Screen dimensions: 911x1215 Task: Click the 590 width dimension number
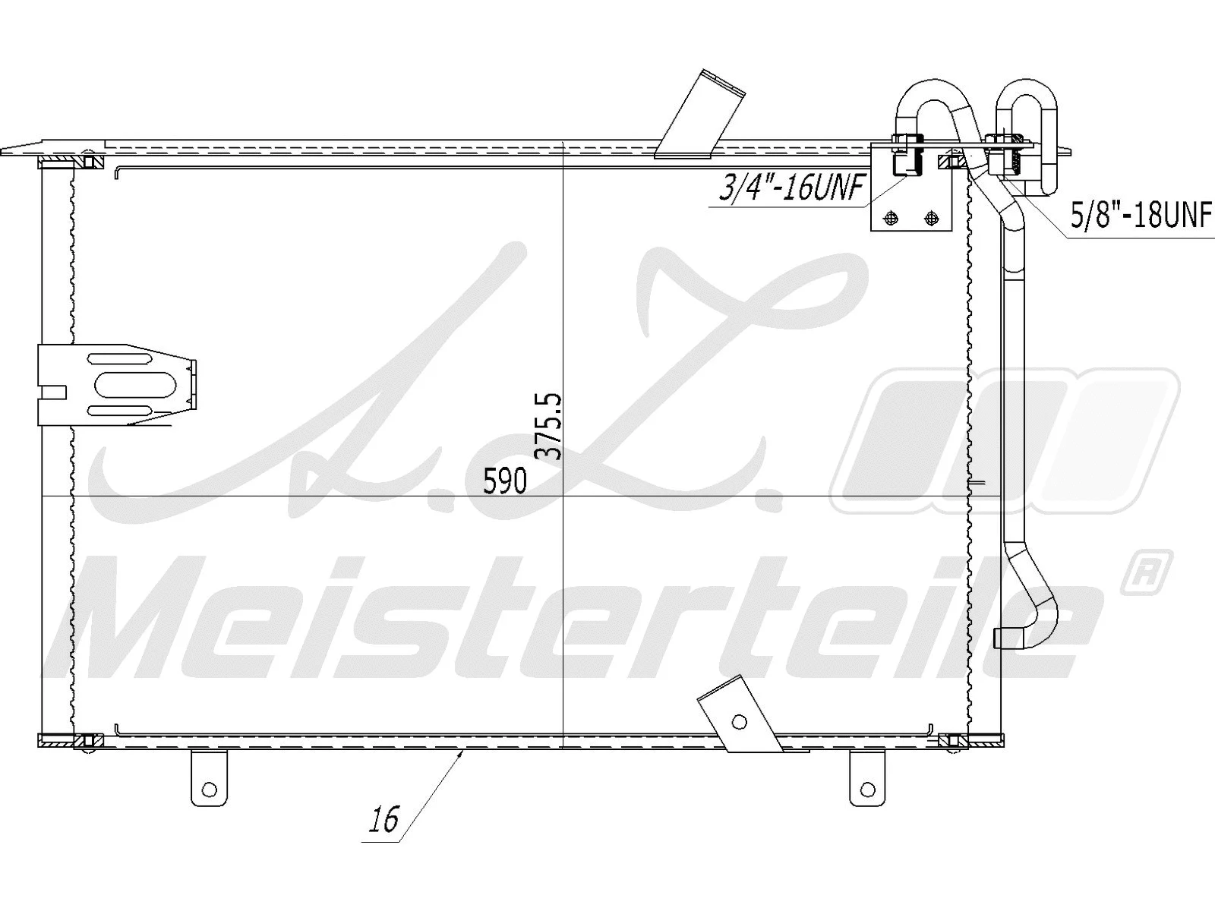pos(505,481)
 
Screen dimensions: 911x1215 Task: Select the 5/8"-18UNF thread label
pos(1139,216)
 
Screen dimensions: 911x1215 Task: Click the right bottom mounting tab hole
pos(866,790)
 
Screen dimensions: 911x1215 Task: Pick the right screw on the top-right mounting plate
pos(930,219)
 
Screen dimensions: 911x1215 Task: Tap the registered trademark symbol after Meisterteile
pos(1144,573)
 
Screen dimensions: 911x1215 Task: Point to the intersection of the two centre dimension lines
pos(562,497)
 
